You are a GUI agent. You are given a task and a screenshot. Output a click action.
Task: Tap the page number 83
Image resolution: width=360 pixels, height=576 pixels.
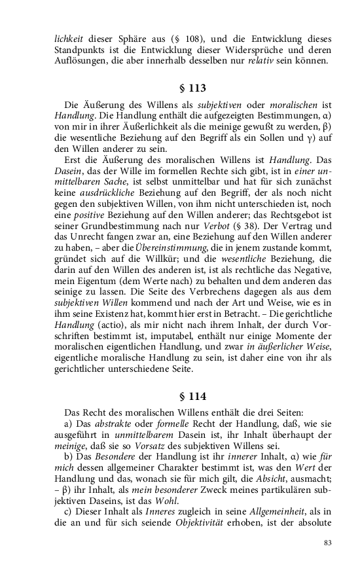pyautogui.click(x=328, y=543)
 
